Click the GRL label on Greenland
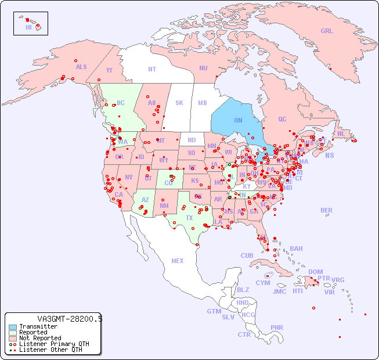point(327,31)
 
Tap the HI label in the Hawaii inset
point(28,27)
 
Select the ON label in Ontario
point(238,120)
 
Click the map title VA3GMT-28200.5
point(70,319)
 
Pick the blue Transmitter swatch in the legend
point(12,327)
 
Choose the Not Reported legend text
point(40,338)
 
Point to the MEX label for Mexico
point(178,261)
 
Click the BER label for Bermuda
point(326,210)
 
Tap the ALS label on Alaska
point(81,67)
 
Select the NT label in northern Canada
point(152,69)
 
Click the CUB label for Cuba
point(247,255)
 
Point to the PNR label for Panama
point(277,327)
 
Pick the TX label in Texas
point(189,218)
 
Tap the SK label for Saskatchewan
point(179,103)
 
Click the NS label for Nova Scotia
point(329,156)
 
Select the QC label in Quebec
point(282,120)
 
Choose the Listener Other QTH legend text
point(50,350)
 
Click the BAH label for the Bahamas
point(296,249)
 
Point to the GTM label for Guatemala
point(214,311)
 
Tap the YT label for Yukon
point(109,70)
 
